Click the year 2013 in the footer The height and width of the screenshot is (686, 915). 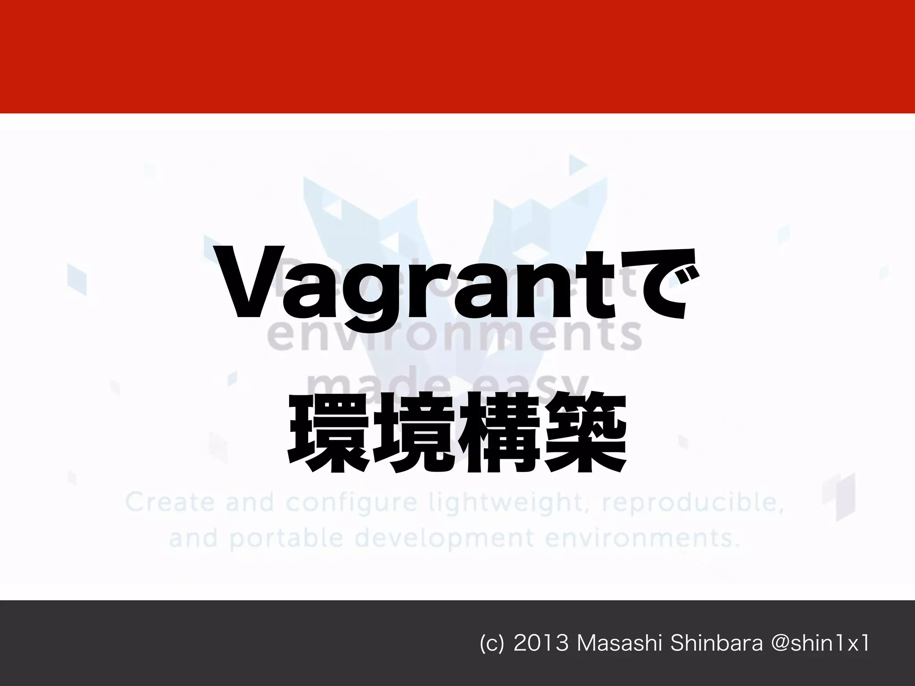(541, 644)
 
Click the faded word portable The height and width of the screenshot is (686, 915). (286, 539)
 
